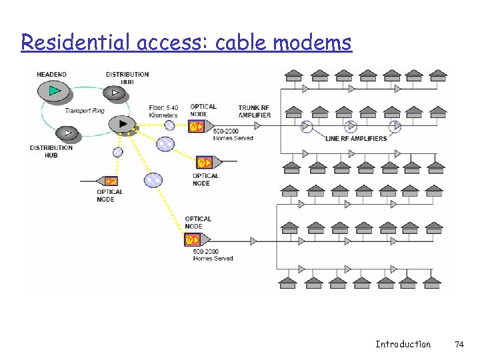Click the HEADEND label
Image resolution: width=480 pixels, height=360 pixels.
tap(52, 74)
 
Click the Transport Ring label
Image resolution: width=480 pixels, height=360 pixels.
tap(84, 111)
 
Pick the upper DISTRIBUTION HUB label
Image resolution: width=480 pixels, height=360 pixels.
tap(127, 77)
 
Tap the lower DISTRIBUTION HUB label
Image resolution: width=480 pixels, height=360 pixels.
tap(51, 151)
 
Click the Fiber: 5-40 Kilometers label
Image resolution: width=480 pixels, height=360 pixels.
tap(164, 111)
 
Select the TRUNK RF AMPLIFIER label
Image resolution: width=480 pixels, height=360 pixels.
tap(255, 111)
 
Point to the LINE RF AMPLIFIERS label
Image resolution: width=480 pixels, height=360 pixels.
tap(356, 139)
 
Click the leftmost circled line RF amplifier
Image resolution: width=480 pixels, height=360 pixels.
tap(307, 126)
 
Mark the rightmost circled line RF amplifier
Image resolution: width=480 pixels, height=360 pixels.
tap(396, 126)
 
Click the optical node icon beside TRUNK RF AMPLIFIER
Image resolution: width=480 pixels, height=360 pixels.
tap(197, 126)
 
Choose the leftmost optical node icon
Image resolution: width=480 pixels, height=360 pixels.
tap(109, 181)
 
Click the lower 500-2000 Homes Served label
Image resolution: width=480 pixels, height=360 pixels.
tap(213, 255)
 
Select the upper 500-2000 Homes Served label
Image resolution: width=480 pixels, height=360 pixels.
tap(233, 135)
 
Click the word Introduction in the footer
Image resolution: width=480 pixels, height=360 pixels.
tap(403, 344)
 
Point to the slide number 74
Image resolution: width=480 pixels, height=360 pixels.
tap(459, 344)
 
